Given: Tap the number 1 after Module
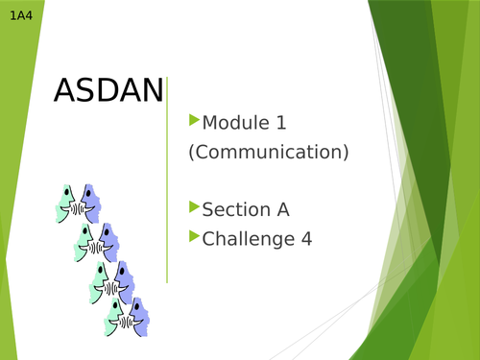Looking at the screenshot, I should [281, 123].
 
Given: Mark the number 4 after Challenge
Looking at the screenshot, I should [306, 238].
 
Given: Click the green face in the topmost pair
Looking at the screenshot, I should [66, 204].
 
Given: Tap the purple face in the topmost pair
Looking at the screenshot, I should [90, 203].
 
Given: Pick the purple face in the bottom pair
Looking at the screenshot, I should [139, 316].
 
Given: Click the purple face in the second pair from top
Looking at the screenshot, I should [108, 241].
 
